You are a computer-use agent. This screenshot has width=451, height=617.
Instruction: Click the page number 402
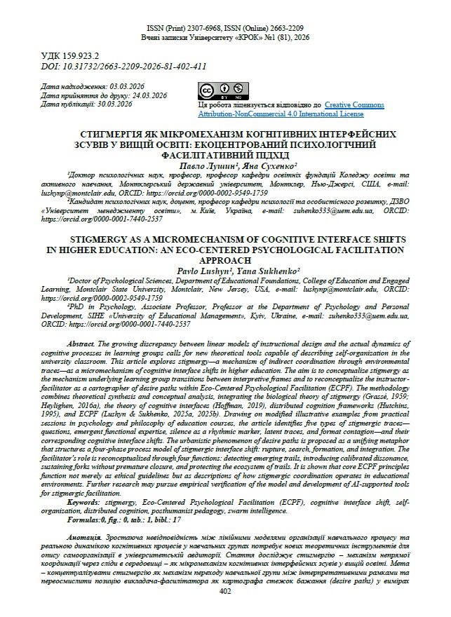[225, 591]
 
